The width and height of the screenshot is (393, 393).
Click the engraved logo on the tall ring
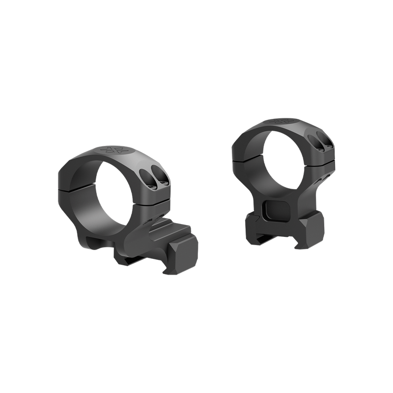point(284,120)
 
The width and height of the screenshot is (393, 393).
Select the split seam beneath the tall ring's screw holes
point(319,168)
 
